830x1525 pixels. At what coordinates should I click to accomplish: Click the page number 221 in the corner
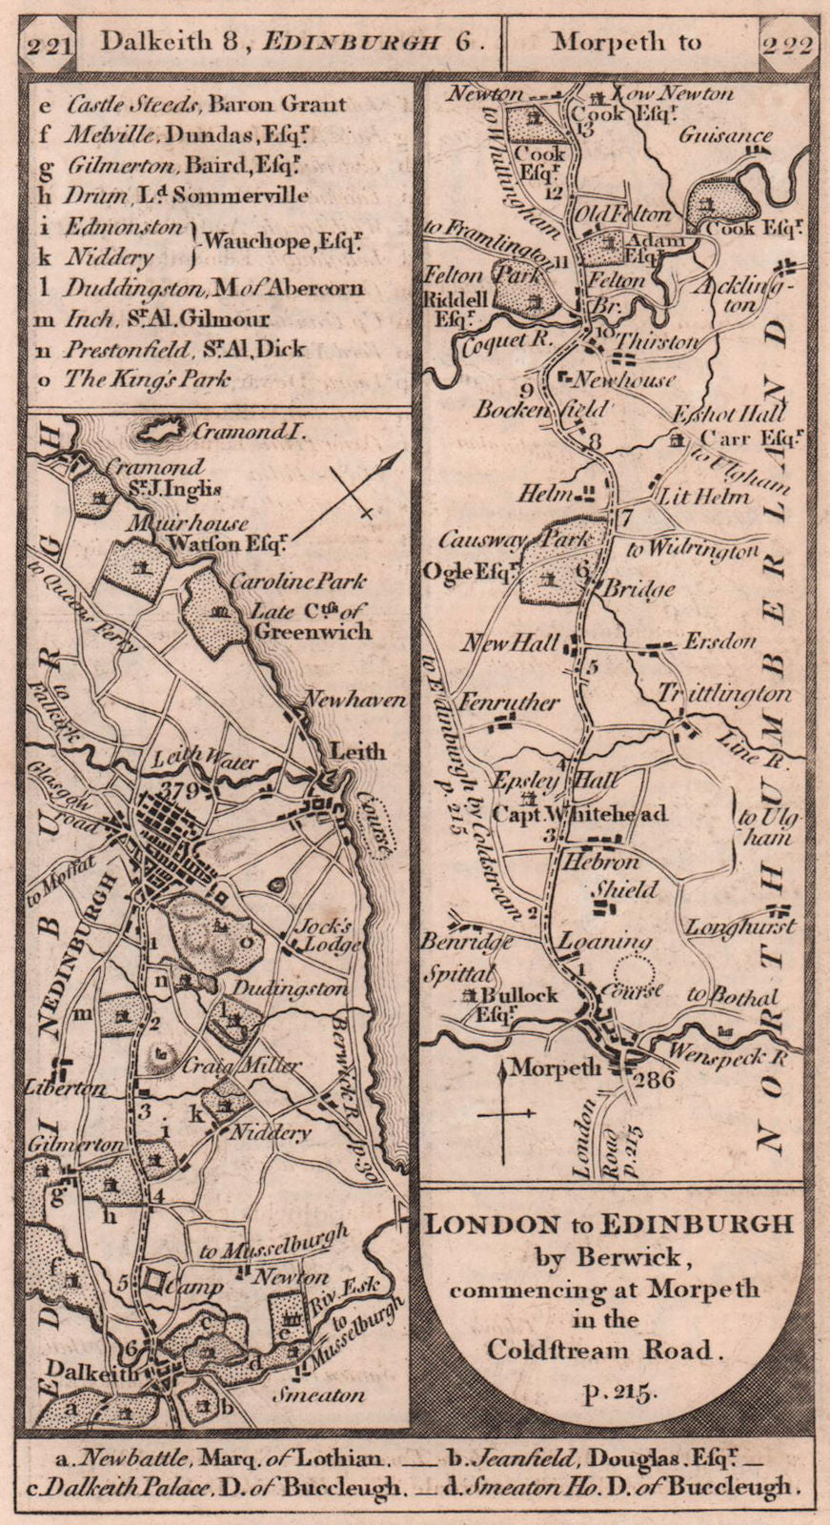point(48,47)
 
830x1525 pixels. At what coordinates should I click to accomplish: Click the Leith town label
point(357,752)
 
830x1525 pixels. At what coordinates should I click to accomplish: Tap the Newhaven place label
point(354,701)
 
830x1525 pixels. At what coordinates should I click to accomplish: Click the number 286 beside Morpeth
point(657,1080)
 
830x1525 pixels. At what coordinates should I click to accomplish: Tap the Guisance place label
point(724,135)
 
